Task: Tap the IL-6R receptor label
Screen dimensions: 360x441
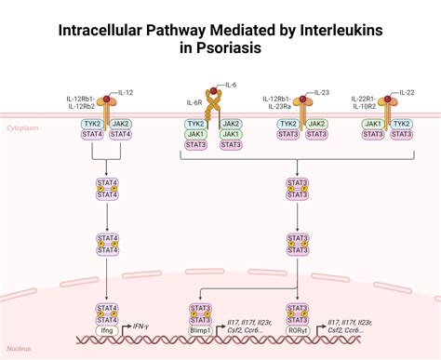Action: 194,100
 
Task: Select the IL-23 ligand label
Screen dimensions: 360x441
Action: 322,92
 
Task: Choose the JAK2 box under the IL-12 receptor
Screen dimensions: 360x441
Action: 121,123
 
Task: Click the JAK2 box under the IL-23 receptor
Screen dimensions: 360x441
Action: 316,123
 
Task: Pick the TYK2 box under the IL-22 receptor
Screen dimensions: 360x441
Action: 401,123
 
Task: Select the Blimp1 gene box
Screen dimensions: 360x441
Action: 199,329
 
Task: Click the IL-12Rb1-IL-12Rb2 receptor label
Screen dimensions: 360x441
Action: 80,102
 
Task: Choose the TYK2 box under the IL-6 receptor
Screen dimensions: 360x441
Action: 195,123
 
